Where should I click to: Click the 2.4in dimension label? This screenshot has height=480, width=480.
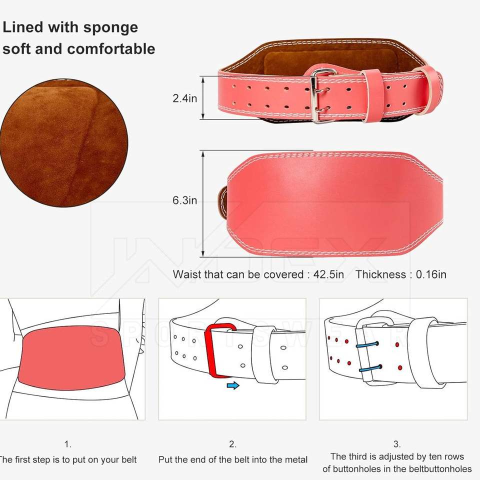pos(184,98)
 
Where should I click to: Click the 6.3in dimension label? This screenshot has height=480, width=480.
pos(184,201)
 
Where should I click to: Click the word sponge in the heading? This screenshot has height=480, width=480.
pos(110,27)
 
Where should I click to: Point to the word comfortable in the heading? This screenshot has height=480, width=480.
pos(111,49)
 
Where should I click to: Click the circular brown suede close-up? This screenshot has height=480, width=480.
pos(63,142)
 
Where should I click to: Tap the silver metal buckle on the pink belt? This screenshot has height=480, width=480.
pos(322,95)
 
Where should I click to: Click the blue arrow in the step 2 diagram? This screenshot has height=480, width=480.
pos(233,385)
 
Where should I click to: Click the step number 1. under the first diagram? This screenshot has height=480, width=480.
pos(68,444)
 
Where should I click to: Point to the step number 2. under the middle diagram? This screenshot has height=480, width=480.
pos(232,444)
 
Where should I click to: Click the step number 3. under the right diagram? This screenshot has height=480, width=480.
pos(396,444)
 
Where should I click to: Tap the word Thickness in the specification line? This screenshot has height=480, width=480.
pos(380,274)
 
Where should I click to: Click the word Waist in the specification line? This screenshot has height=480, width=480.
pos(185,274)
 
